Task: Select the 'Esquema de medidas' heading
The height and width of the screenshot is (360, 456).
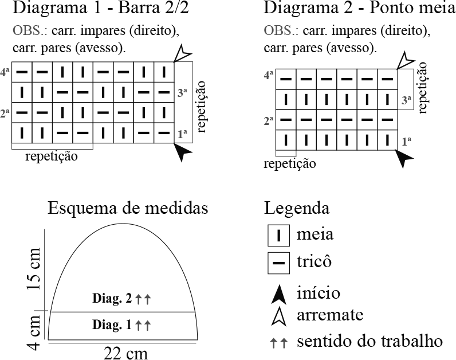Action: coord(128,208)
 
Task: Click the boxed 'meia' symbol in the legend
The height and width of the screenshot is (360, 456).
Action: coord(279,236)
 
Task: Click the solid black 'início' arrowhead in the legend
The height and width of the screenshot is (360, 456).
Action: coord(278,294)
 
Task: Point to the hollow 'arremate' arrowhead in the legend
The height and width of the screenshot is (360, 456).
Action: coord(278,316)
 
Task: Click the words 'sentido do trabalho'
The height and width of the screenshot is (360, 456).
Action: coord(369,342)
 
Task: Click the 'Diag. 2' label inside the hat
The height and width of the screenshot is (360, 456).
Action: coord(112,298)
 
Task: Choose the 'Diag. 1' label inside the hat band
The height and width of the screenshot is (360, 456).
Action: coord(112,325)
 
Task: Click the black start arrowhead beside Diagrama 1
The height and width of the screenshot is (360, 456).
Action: coord(183,152)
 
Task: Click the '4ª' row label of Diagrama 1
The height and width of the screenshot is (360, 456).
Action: coord(5,73)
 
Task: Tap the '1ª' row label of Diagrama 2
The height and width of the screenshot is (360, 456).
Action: coord(407,140)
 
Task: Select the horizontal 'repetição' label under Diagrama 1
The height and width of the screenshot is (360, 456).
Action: coord(51,156)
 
